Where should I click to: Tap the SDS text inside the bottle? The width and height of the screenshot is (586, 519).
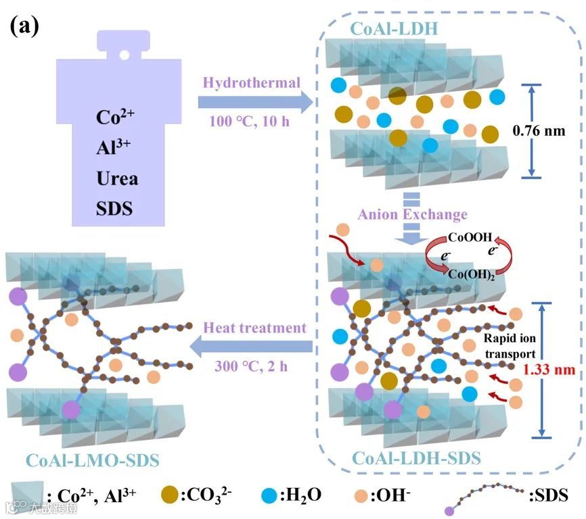pos(114,208)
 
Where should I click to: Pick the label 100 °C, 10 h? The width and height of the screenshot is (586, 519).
pos(251,124)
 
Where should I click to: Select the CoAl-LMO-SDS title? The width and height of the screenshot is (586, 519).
pos(93,461)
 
